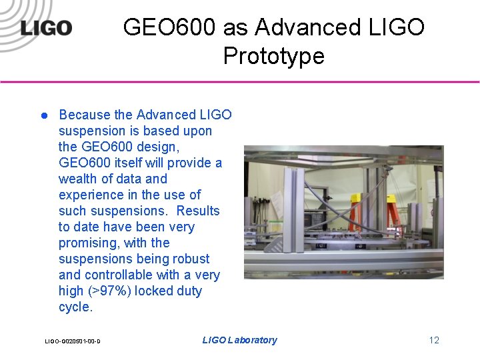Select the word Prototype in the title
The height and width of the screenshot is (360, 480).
pos(273,56)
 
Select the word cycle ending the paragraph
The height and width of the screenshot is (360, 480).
pos(74,307)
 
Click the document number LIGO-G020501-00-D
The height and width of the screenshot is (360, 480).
pos(72,341)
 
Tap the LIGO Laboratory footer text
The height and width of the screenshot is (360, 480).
pos(239,340)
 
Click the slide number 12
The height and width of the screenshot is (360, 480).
pos(434,340)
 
